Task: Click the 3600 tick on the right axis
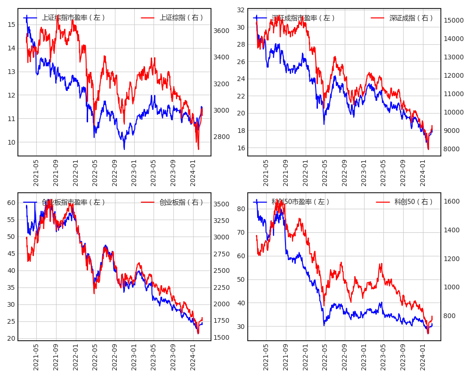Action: [x=222, y=31]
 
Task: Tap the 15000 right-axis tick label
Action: [x=454, y=20]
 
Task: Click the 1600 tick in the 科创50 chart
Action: [x=452, y=201]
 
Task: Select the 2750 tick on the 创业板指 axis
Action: [x=222, y=254]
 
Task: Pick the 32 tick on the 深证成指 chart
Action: [x=241, y=10]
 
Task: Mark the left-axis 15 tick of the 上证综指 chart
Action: [x=11, y=25]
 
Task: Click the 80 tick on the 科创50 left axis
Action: [x=241, y=209]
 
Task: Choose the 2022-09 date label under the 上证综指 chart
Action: [x=114, y=172]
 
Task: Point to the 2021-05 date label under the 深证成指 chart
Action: [x=266, y=172]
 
